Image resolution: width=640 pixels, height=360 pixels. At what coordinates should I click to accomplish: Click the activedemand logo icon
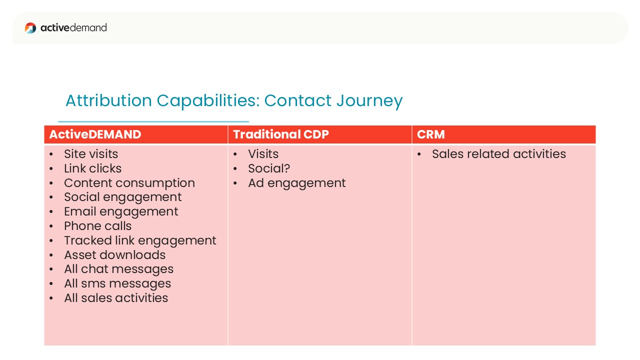coord(30,27)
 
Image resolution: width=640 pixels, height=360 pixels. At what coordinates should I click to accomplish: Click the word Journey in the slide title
coord(369,101)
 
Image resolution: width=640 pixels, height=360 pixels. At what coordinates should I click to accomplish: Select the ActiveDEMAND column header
coord(95,134)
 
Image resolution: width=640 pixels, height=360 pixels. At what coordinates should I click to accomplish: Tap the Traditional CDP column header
coord(281,134)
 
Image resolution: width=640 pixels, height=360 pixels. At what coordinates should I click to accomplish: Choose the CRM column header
coord(430,134)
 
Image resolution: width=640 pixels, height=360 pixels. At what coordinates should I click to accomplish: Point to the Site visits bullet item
coord(91,154)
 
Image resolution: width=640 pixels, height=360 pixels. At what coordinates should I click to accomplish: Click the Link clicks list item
coord(92,168)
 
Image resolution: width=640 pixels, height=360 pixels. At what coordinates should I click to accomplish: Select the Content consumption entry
coord(129,183)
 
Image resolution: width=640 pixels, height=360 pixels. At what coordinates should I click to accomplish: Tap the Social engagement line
coord(123,197)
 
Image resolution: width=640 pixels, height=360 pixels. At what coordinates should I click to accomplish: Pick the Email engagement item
coord(121,212)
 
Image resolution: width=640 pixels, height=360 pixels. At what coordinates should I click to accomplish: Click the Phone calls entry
coord(97,226)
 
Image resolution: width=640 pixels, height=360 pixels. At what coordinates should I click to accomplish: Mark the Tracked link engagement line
coord(140,241)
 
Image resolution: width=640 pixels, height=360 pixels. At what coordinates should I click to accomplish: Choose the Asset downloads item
coord(115,255)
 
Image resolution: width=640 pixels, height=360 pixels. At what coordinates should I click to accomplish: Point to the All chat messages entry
coord(119,269)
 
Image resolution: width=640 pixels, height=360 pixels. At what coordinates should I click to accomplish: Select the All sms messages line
coord(117,284)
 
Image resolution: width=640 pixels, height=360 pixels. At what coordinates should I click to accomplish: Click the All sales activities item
coord(116,298)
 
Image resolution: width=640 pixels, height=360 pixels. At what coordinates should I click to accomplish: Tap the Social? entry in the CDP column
coord(269,168)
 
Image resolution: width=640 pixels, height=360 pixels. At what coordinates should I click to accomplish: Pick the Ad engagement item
coord(297,183)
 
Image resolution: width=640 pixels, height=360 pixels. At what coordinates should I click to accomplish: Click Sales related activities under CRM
coord(499,154)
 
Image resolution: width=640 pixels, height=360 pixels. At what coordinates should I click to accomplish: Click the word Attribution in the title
coord(108,100)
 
